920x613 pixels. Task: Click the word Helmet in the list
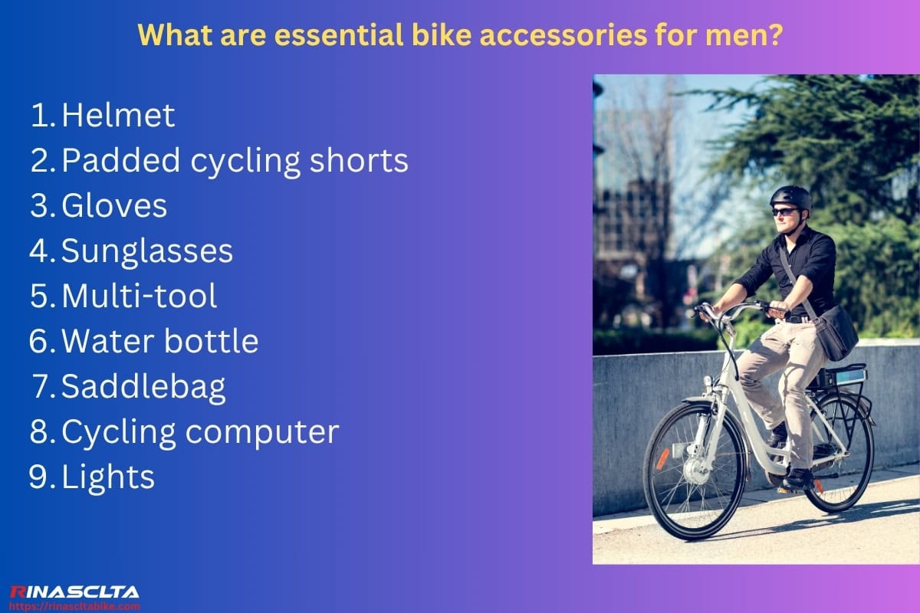point(118,116)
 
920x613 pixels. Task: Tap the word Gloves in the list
point(114,206)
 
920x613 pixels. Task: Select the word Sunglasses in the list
point(147,251)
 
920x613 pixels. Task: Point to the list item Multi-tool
point(139,297)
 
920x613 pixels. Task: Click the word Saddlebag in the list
point(143,387)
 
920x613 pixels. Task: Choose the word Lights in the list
point(108,477)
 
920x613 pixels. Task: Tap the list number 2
point(40,161)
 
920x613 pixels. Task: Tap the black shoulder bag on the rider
point(835,332)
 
